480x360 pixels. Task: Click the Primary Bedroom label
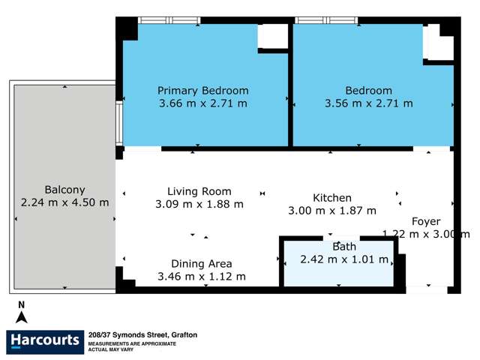coord(202,91)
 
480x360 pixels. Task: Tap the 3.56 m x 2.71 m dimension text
coord(368,103)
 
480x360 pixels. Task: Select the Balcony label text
coord(64,190)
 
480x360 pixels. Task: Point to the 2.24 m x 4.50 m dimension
coord(64,202)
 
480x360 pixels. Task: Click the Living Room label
coord(199,191)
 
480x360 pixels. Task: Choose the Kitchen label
coord(332,198)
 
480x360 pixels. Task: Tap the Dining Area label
coord(201,263)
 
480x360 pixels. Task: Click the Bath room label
coord(344,246)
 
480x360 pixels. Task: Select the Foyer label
coord(426,220)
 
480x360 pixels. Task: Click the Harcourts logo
coord(45,341)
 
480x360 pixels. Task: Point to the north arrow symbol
coord(22,313)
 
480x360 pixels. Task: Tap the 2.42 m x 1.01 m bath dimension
coord(344,259)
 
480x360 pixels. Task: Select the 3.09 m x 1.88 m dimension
coord(199,204)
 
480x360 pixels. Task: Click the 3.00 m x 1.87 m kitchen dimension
coord(332,211)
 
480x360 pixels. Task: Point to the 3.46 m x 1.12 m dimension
coord(201,276)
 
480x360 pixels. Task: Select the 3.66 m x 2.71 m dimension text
coord(202,103)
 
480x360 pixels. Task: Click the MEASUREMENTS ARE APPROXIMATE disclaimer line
coord(132,343)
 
